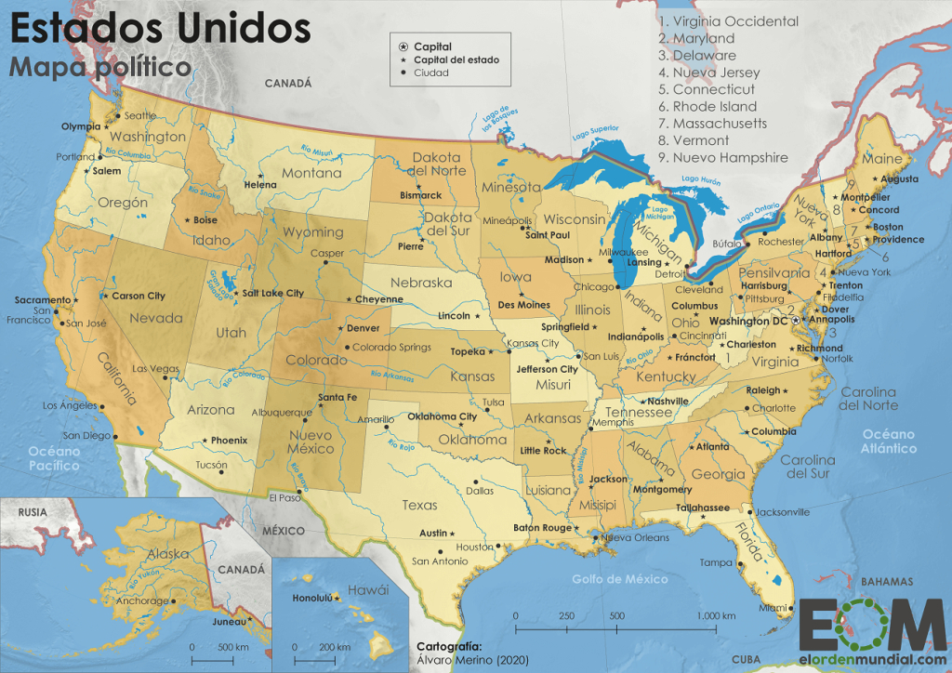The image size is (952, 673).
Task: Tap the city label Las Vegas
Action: pos(152,369)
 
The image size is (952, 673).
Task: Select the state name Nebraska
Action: pos(420,283)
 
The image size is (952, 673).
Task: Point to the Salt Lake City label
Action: pos(273,293)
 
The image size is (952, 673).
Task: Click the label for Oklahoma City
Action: pos(442,416)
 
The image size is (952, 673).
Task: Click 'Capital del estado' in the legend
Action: pos(456,59)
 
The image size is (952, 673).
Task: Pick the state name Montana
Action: pos(311,173)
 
